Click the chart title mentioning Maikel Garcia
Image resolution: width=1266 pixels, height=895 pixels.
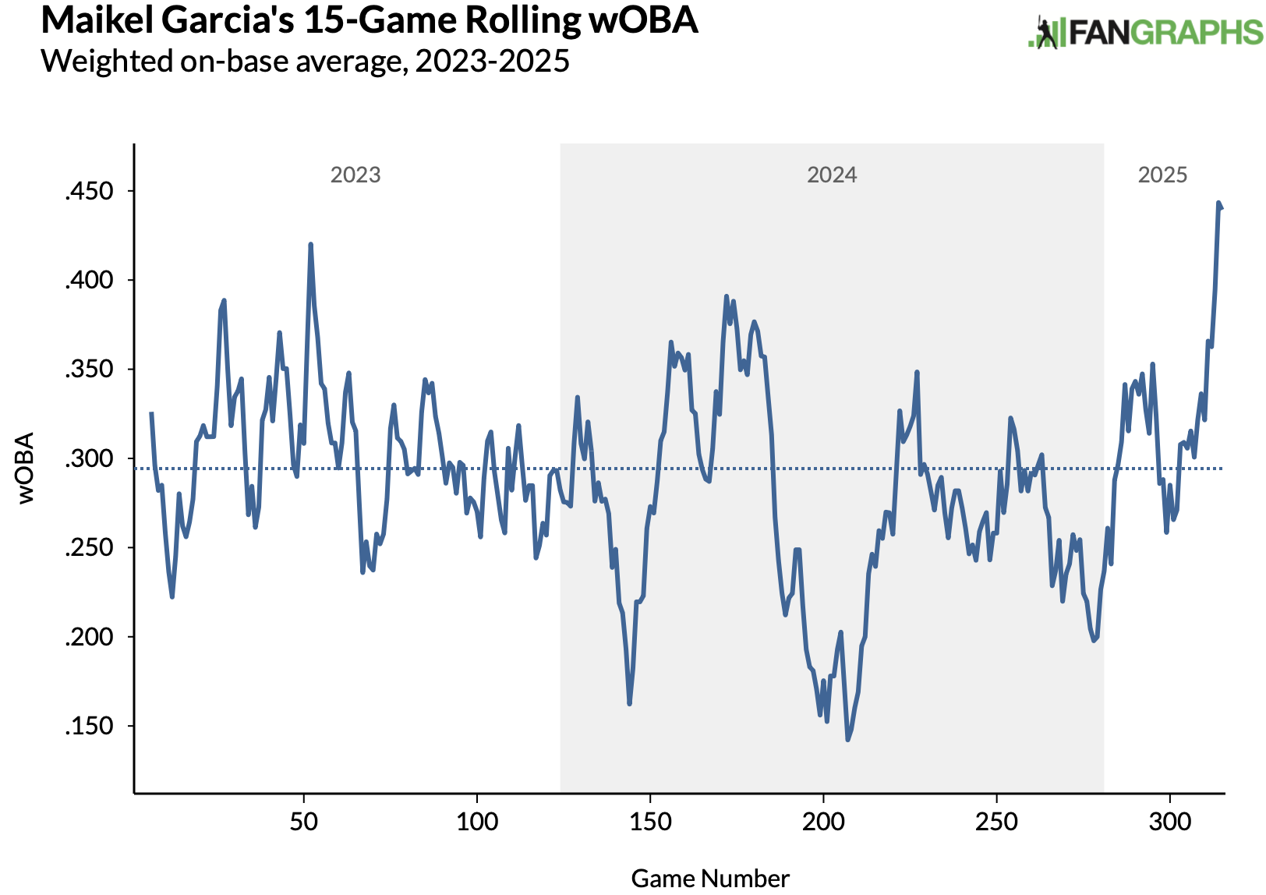tap(369, 20)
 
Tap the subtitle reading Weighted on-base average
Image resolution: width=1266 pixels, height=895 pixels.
tap(305, 61)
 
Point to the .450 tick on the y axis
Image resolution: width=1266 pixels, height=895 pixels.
tap(89, 191)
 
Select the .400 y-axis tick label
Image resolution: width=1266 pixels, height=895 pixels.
tap(89, 280)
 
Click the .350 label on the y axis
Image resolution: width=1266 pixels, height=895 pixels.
tap(89, 369)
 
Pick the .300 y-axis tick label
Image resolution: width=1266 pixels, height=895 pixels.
tap(89, 458)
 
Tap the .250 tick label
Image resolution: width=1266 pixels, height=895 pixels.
tap(89, 547)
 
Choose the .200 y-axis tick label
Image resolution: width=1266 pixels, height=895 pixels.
tap(89, 637)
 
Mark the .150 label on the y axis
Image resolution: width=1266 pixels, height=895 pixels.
tap(89, 726)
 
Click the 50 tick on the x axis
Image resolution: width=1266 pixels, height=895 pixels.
tap(303, 822)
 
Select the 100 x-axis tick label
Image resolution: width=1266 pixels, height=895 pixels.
tap(476, 822)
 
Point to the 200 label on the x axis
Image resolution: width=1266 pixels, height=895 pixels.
tap(823, 822)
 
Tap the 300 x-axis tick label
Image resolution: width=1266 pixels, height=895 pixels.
tap(1170, 822)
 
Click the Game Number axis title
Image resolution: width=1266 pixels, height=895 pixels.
tap(710, 879)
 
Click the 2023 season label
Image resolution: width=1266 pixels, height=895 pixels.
tap(355, 175)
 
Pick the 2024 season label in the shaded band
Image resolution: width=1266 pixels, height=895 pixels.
tap(832, 175)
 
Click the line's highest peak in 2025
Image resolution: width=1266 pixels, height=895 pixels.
tap(1218, 203)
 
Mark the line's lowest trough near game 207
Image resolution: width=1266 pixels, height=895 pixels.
tap(847, 739)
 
